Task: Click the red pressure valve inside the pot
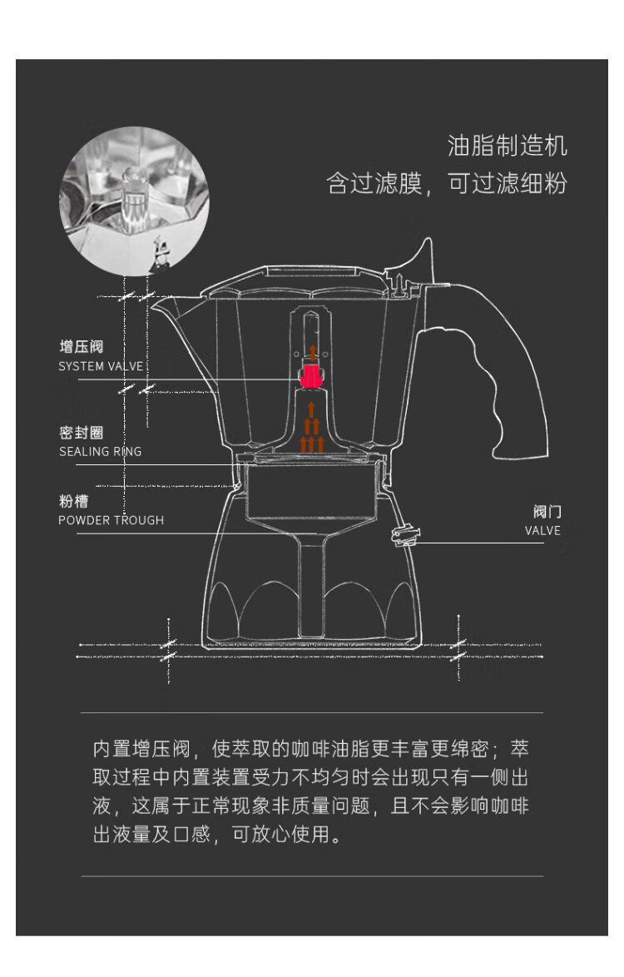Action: click(311, 377)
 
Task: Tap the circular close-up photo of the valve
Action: click(134, 200)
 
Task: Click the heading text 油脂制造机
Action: click(508, 146)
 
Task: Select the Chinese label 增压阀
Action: click(81, 346)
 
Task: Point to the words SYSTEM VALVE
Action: click(101, 366)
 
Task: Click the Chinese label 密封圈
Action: click(81, 433)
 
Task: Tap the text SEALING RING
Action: click(100, 452)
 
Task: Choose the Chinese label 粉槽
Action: click(73, 501)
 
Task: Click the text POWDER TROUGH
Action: click(111, 520)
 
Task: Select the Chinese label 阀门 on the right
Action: click(547, 512)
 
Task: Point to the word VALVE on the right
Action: click(542, 531)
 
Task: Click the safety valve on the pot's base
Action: click(402, 535)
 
